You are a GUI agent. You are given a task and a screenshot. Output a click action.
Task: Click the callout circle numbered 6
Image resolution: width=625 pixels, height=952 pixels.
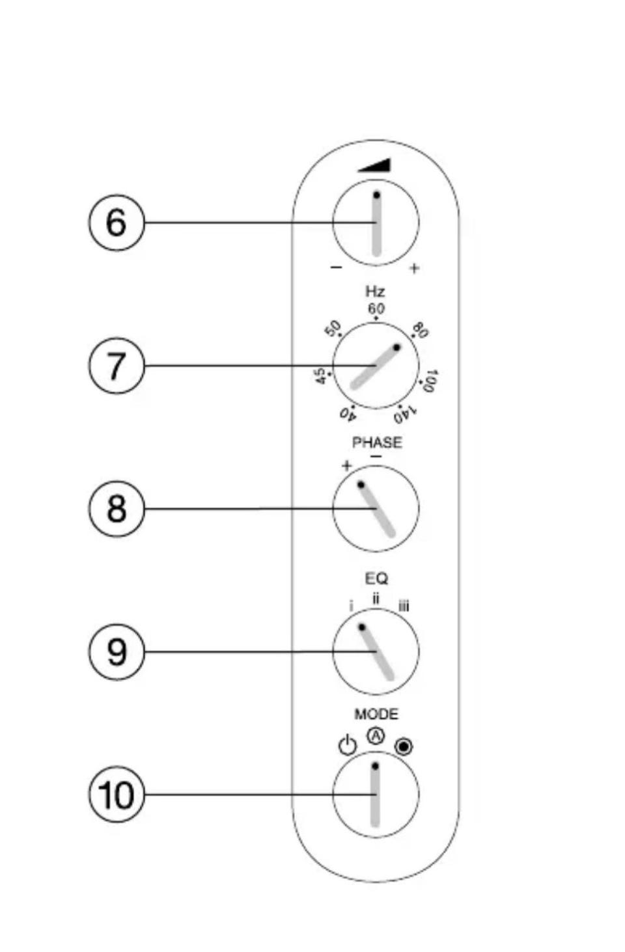116,223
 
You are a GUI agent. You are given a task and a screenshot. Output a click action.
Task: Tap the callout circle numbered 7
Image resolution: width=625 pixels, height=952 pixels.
116,366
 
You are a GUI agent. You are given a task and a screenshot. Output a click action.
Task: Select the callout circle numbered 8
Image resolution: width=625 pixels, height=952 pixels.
116,508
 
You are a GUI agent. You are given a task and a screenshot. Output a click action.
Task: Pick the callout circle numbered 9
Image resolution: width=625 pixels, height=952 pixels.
116,651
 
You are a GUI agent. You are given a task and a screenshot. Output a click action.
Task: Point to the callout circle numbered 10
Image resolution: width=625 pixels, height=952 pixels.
116,795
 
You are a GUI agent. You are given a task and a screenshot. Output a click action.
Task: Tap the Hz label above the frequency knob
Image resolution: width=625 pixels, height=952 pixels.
375,291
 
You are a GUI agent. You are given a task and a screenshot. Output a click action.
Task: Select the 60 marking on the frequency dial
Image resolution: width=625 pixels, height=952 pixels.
376,308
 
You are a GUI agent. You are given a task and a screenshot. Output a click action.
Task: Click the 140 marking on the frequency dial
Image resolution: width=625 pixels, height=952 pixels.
406,413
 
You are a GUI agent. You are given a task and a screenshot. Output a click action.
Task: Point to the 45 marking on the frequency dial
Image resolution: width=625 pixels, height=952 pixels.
320,375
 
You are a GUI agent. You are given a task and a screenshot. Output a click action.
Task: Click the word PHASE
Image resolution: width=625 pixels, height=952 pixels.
376,442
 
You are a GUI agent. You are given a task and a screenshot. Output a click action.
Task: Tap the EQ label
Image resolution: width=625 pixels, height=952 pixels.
376,578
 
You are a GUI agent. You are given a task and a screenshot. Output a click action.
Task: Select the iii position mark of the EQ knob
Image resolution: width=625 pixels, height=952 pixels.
404,607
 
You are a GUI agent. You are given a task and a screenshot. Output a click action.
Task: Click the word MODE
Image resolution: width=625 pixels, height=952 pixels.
376,714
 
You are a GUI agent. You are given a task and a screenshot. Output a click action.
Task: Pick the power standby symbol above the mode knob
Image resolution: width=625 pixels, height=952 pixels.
348,745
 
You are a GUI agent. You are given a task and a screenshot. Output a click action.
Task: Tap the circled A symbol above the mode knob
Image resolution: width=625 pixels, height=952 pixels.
376,736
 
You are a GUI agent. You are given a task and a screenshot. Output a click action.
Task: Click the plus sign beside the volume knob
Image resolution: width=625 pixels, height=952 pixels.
414,268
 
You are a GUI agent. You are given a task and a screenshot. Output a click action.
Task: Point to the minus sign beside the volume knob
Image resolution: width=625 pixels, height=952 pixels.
336,267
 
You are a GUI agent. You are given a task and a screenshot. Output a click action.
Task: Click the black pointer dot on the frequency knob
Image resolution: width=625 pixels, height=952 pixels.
397,347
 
